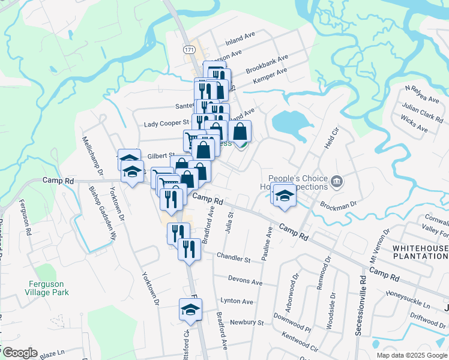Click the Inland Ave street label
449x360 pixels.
tap(240, 39)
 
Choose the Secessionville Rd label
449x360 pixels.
tap(362, 306)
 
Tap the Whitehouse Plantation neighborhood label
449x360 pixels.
tap(420, 252)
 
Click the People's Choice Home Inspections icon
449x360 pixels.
tap(337, 180)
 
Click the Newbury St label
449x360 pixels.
tap(247, 323)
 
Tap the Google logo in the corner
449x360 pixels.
tap(20, 353)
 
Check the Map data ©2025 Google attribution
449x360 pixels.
tap(411, 355)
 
